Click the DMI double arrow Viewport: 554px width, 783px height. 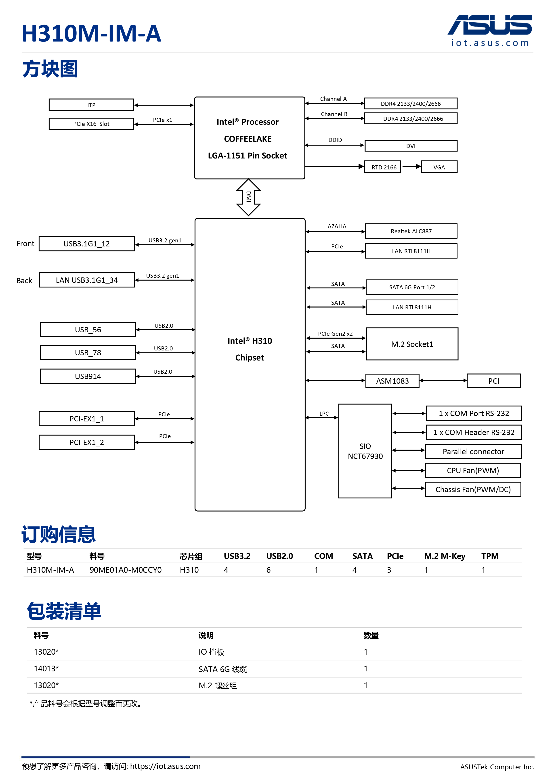(248, 197)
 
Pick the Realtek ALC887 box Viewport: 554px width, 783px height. (411, 231)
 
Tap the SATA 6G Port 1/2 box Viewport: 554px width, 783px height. (412, 287)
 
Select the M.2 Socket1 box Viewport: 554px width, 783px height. (412, 344)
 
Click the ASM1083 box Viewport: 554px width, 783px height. (392, 381)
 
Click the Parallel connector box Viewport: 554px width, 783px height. (473, 452)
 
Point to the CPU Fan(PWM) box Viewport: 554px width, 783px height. (473, 471)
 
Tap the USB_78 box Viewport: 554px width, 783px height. (88, 353)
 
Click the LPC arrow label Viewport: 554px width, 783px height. (324, 414)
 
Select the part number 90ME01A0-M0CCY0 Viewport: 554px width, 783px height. (125, 570)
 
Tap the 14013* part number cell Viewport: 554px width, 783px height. (46, 668)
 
